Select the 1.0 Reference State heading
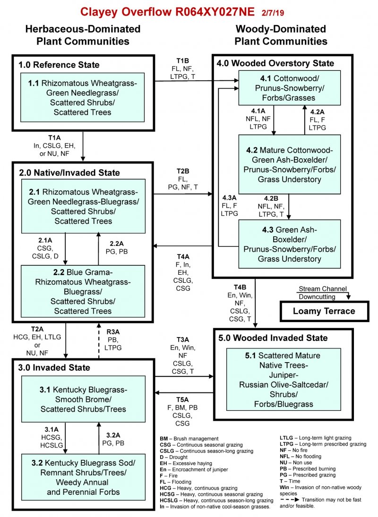(59, 65)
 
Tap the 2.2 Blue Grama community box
(83, 290)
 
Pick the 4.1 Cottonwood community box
(289, 88)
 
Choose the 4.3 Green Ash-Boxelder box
(289, 244)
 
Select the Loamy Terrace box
(324, 311)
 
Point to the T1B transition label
(182, 60)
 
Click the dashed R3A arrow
(99, 339)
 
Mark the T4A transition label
(182, 257)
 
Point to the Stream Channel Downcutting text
(322, 293)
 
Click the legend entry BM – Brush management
(189, 438)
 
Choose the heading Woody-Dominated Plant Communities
(281, 35)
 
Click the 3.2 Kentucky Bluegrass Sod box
(83, 476)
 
